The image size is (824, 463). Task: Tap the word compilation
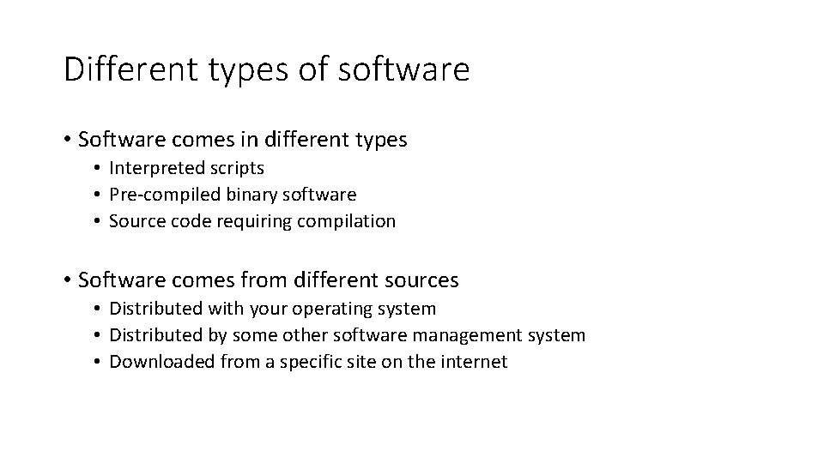pyautogui.click(x=347, y=221)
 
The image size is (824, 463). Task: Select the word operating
pyautogui.click(x=325, y=309)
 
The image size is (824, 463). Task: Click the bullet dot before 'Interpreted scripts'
pyautogui.click(x=100, y=168)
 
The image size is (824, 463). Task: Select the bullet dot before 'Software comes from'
pyautogui.click(x=67, y=280)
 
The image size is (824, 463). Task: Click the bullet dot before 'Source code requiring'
pyautogui.click(x=100, y=222)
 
